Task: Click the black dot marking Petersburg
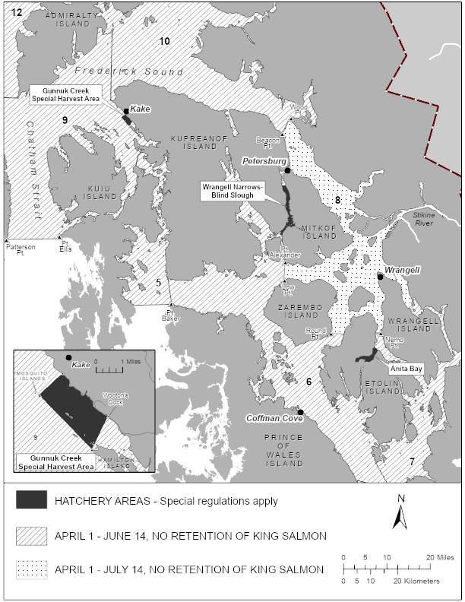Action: pos(287,171)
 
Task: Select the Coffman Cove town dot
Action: pos(301,413)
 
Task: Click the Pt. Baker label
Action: pos(170,316)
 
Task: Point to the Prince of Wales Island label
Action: pos(283,449)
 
